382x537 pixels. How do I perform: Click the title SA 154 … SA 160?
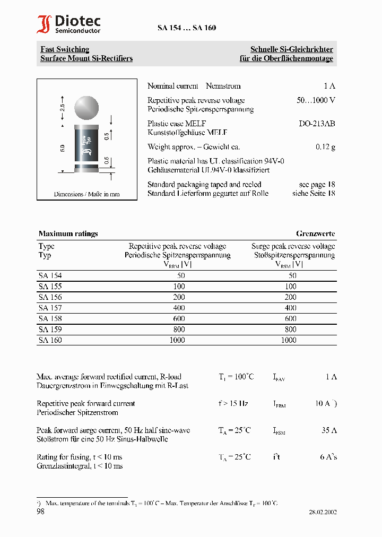pos(186,28)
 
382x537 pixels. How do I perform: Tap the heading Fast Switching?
pos(65,49)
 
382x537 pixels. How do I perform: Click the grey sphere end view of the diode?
pos(85,108)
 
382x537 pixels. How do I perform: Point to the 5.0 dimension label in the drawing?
pos(62,148)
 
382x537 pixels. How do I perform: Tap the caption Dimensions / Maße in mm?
pos(86,194)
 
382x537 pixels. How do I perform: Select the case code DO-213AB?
pos(317,124)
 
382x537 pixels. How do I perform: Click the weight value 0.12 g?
pos(325,147)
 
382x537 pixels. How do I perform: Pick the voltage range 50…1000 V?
pos(316,100)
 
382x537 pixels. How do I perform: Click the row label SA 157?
pos(50,308)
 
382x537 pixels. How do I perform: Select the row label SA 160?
pos(50,340)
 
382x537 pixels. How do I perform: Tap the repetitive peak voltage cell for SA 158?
pos(179,318)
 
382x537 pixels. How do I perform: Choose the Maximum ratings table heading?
pos(68,233)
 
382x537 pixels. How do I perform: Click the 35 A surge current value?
pos(329,430)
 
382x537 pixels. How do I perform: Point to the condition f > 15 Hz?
pos(233,403)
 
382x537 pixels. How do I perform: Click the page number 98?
pos(41,512)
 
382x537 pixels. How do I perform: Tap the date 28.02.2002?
pos(323,512)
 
